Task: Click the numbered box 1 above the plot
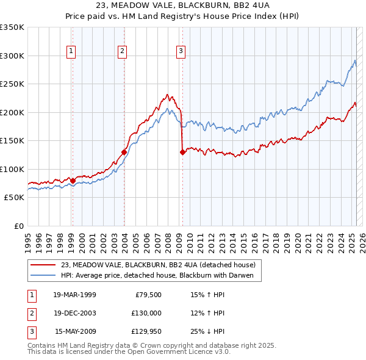(x=72, y=51)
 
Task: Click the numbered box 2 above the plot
(x=123, y=51)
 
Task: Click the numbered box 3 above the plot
(x=181, y=51)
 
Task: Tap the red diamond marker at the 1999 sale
(x=73, y=181)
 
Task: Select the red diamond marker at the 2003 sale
(x=124, y=152)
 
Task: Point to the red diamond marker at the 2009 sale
(x=182, y=153)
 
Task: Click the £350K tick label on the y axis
(x=12, y=27)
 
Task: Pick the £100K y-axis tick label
(x=12, y=169)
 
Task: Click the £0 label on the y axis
(x=18, y=226)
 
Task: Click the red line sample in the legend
(x=43, y=265)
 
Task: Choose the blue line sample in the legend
(x=43, y=276)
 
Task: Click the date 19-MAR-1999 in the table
(x=74, y=295)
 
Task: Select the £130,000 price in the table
(x=146, y=313)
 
